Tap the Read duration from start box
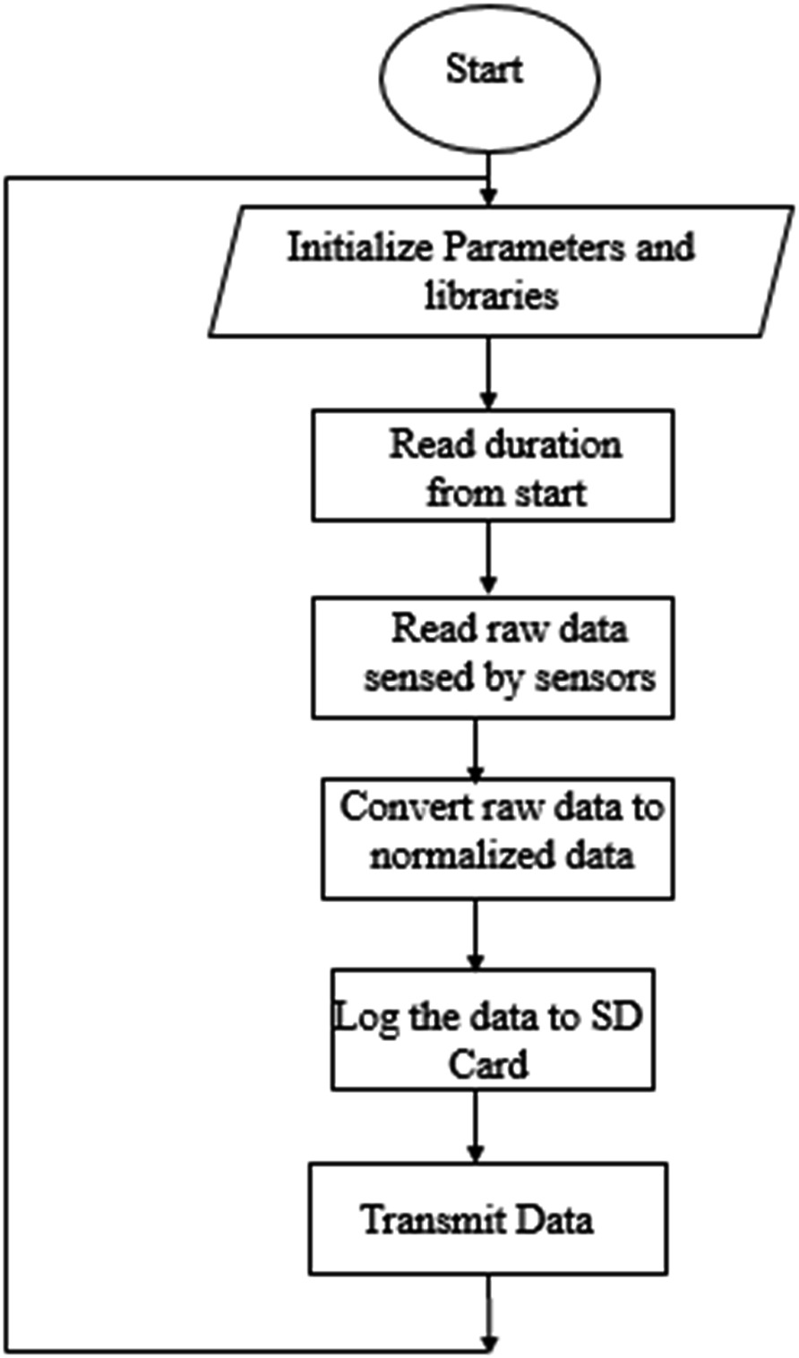493,465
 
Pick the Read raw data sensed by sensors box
493,658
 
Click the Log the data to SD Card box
493,1028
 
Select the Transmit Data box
488,1218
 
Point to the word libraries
491,295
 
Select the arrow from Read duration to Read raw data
488,559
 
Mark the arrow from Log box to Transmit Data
476,1126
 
